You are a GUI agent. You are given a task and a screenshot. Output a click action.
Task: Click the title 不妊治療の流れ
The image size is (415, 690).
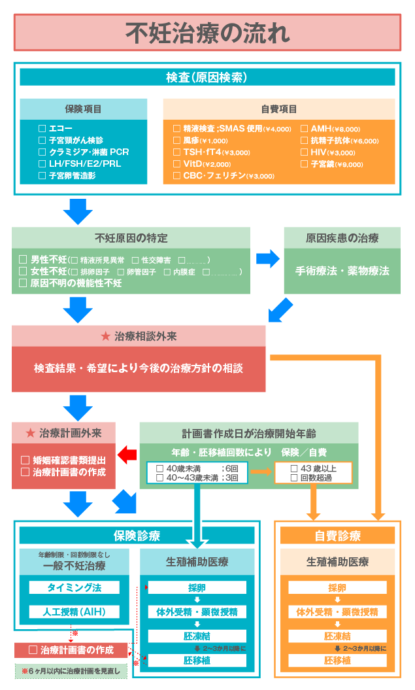coord(207,32)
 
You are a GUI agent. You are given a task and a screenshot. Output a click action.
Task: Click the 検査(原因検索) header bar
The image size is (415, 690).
coord(207,77)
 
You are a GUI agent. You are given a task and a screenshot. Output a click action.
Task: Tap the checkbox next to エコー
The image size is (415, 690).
coord(42,128)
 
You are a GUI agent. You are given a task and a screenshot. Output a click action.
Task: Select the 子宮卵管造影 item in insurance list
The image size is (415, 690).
coord(68,175)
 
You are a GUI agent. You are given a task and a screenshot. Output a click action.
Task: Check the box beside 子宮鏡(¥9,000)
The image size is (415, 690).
coord(305,164)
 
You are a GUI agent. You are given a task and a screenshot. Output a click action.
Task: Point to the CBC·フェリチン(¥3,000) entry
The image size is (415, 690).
coord(224,176)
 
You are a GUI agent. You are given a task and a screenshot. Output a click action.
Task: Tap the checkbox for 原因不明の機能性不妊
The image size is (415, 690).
coord(23,283)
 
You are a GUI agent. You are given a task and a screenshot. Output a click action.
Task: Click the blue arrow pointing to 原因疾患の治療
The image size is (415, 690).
coord(267,259)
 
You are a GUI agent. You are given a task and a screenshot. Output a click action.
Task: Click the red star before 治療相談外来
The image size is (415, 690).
coord(105,336)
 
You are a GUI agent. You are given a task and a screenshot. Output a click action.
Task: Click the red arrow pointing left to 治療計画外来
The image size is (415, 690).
coord(127,454)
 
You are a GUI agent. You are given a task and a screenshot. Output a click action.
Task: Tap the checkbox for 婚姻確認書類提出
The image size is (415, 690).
coord(25,460)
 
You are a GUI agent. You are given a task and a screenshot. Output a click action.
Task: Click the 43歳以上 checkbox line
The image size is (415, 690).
coord(313,468)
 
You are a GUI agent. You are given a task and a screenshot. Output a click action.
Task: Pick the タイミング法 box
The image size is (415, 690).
coord(74,587)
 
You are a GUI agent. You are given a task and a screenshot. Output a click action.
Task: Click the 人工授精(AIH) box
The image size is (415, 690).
coord(74,612)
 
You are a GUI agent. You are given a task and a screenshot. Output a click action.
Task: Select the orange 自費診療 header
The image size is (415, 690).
coord(337,536)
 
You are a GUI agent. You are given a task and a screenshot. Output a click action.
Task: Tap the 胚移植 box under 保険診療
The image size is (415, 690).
coord(197,660)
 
